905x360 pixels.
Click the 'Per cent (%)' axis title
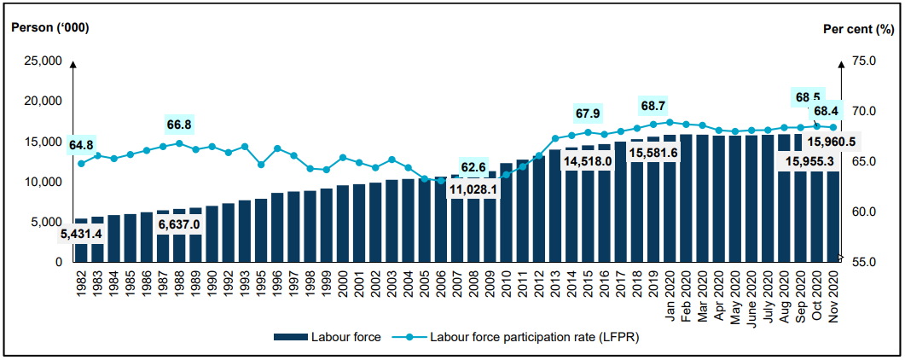857,28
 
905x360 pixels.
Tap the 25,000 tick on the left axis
41,61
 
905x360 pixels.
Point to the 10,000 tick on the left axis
41,182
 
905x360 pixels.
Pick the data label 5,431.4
82,234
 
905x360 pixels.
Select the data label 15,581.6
653,152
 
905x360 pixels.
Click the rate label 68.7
653,106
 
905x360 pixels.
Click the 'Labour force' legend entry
328,338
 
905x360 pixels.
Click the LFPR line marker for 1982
81,163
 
